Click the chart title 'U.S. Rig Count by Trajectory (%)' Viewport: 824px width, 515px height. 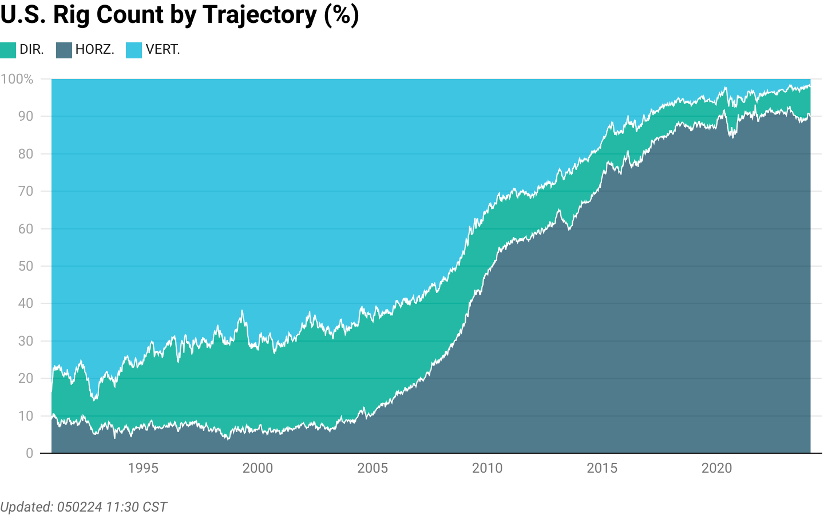click(x=180, y=15)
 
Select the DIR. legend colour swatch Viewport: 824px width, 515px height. click(x=8, y=50)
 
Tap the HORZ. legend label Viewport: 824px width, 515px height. click(x=94, y=50)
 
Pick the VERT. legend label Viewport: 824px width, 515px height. click(x=163, y=50)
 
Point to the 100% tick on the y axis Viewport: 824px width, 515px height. click(x=17, y=79)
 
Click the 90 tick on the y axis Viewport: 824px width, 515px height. click(x=26, y=116)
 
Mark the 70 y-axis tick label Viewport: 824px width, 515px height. click(x=26, y=191)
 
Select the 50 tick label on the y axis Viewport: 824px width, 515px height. click(x=26, y=266)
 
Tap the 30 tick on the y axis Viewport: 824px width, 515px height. click(x=26, y=341)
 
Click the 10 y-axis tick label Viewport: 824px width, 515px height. click(x=26, y=416)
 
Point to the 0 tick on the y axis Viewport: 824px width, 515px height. click(x=29, y=453)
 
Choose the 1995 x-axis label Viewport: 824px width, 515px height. click(x=143, y=468)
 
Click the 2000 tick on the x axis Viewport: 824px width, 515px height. click(x=257, y=468)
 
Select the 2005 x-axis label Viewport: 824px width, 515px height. click(x=373, y=468)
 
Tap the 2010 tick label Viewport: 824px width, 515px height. click(x=487, y=468)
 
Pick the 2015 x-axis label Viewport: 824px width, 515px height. click(x=602, y=468)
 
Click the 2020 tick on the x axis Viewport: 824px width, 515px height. click(x=716, y=468)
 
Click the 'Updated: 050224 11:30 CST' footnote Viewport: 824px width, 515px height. click(x=84, y=507)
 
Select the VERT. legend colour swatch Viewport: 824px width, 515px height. click(x=134, y=50)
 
